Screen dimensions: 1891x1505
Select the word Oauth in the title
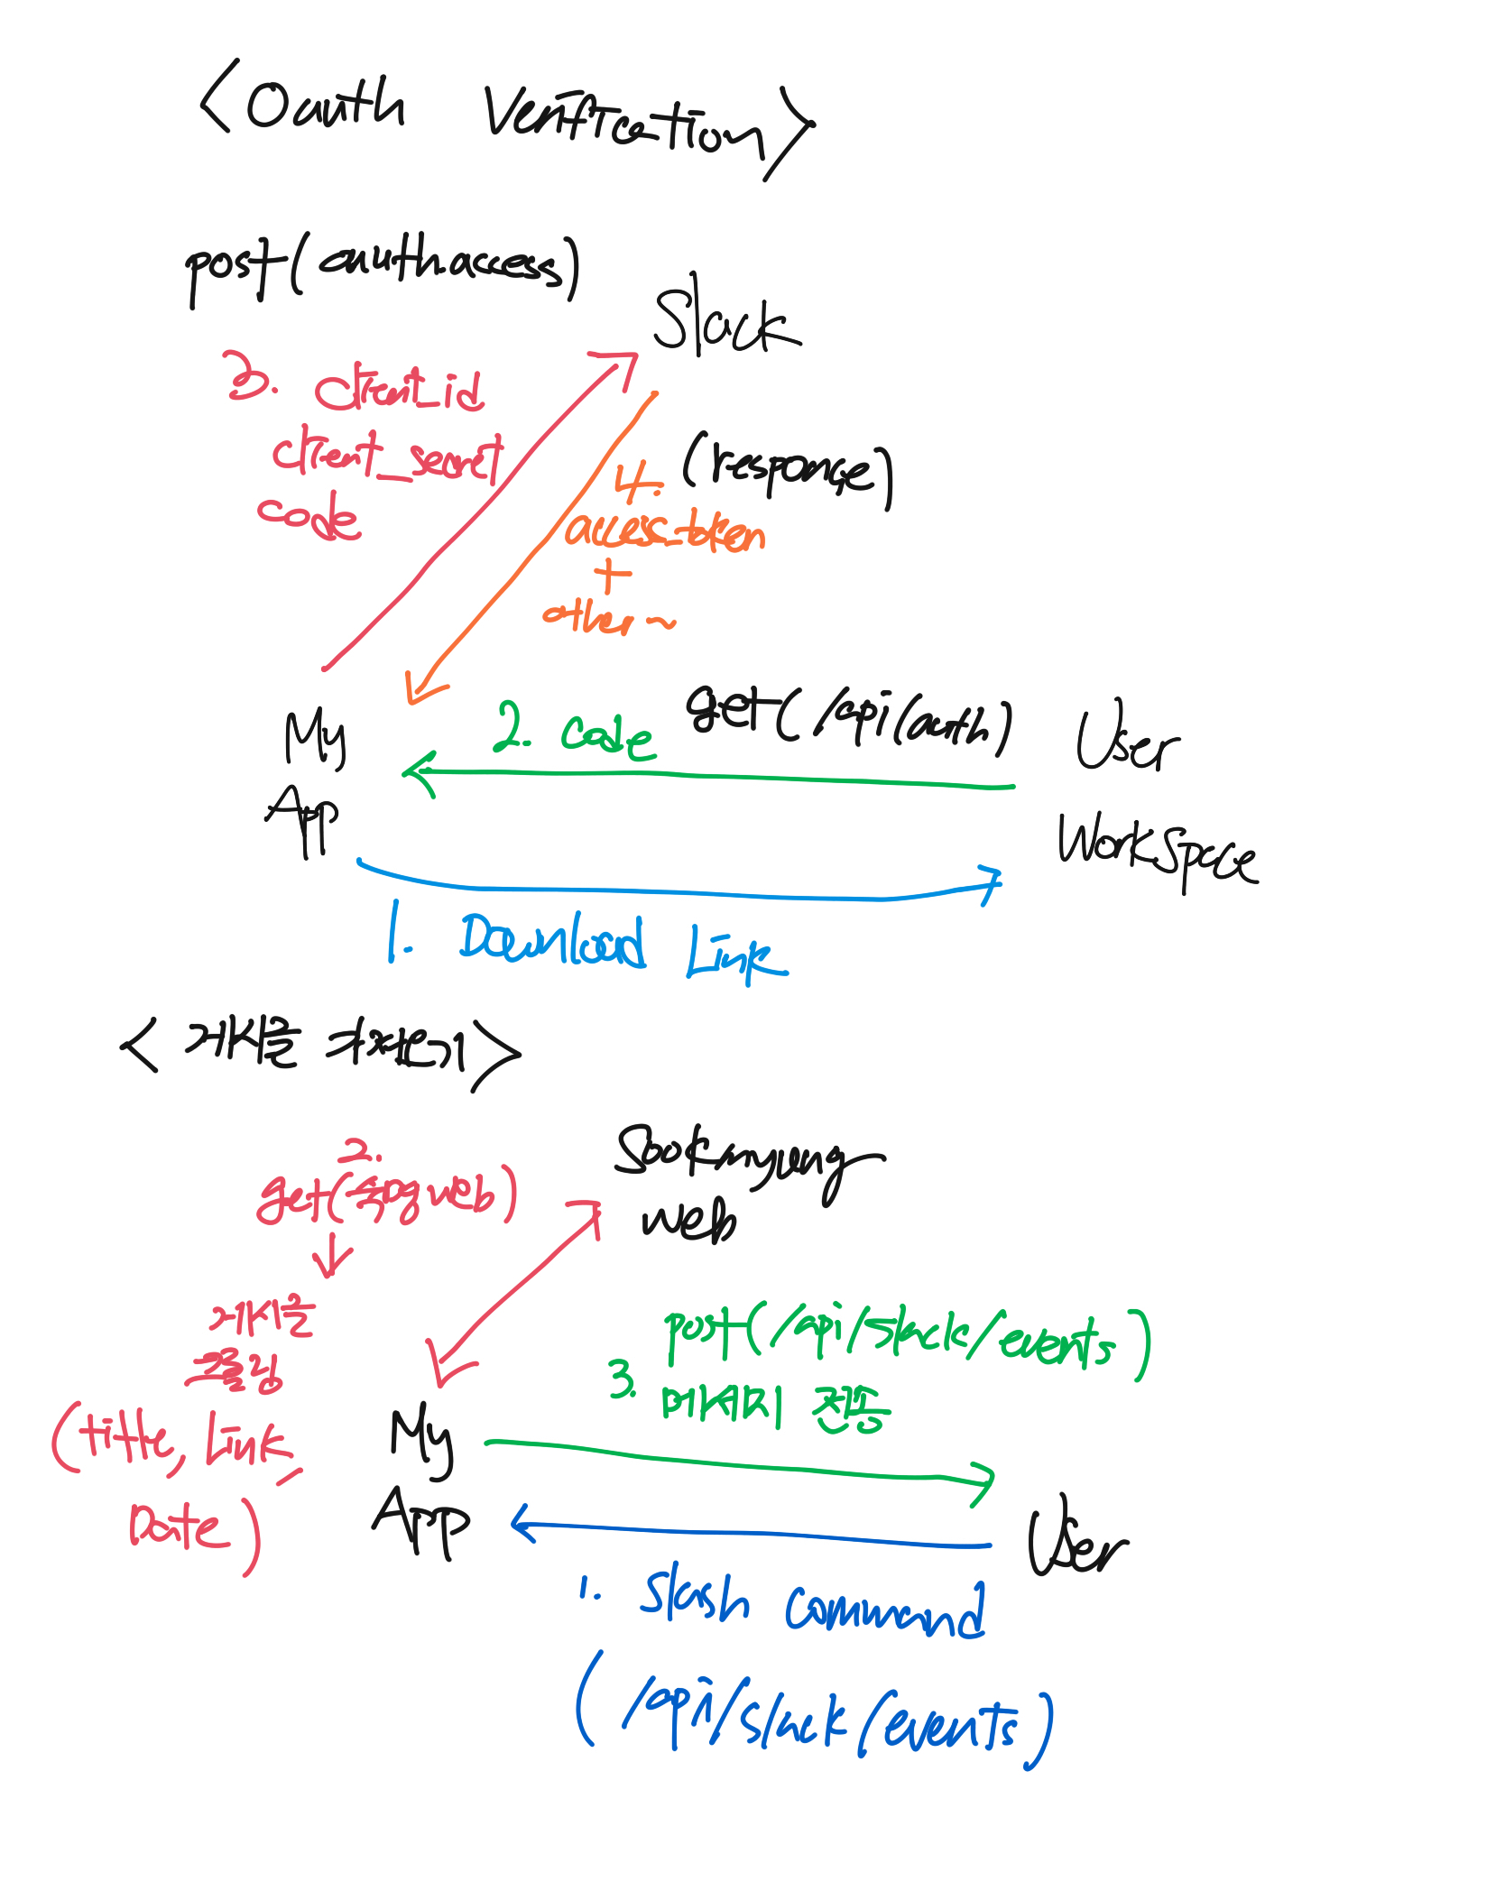(x=325, y=104)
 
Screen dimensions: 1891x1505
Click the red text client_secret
(x=388, y=456)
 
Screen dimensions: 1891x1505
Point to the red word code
(x=309, y=516)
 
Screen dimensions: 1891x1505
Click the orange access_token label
(x=665, y=531)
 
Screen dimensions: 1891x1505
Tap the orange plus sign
(x=613, y=576)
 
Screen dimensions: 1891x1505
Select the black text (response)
(x=788, y=468)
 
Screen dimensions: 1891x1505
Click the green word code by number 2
(x=607, y=735)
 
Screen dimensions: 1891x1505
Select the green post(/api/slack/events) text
(x=906, y=1341)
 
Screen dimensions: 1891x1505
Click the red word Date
(x=176, y=1526)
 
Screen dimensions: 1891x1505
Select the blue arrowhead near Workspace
(x=993, y=883)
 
